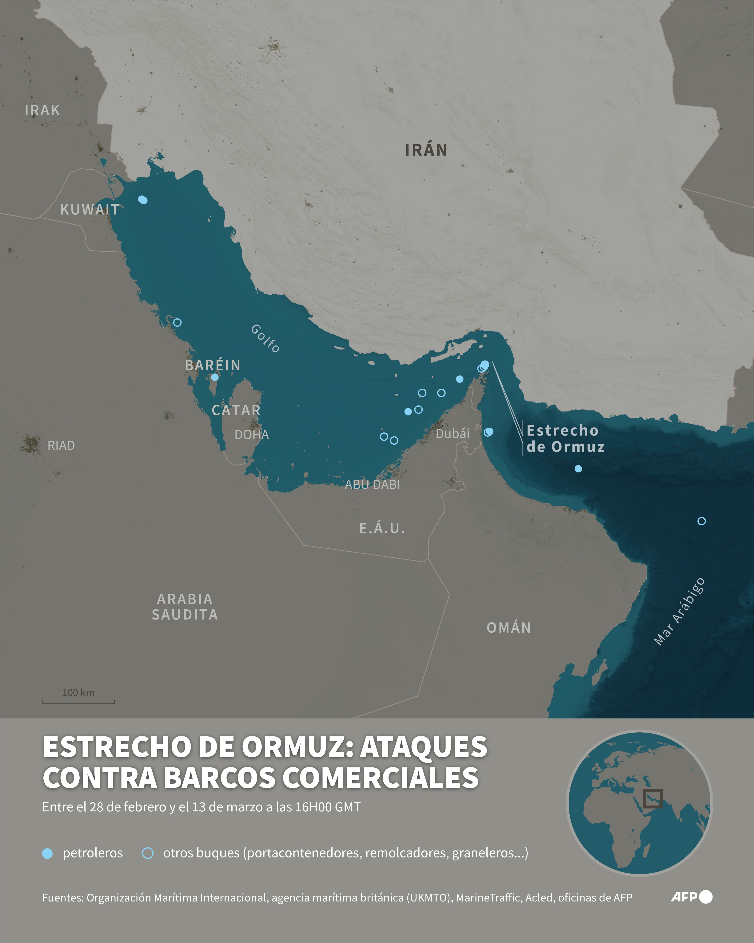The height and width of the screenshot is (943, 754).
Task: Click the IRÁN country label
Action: pyautogui.click(x=426, y=150)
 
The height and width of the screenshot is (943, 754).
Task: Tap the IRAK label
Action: pyautogui.click(x=42, y=110)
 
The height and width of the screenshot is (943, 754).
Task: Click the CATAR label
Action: pyautogui.click(x=236, y=410)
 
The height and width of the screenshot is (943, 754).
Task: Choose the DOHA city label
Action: pyautogui.click(x=251, y=435)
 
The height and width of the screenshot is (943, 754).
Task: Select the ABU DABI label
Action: pyautogui.click(x=372, y=485)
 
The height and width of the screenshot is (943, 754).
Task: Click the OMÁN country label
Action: pyautogui.click(x=509, y=628)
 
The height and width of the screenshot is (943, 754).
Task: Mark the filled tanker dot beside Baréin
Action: pyautogui.click(x=215, y=377)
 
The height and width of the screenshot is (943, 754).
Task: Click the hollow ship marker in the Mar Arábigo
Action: pyautogui.click(x=701, y=521)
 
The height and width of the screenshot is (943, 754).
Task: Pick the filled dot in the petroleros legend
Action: pyautogui.click(x=47, y=853)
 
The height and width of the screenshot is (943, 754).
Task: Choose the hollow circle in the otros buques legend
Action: pyautogui.click(x=148, y=853)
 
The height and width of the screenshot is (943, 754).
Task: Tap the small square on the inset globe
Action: pyautogui.click(x=652, y=799)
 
